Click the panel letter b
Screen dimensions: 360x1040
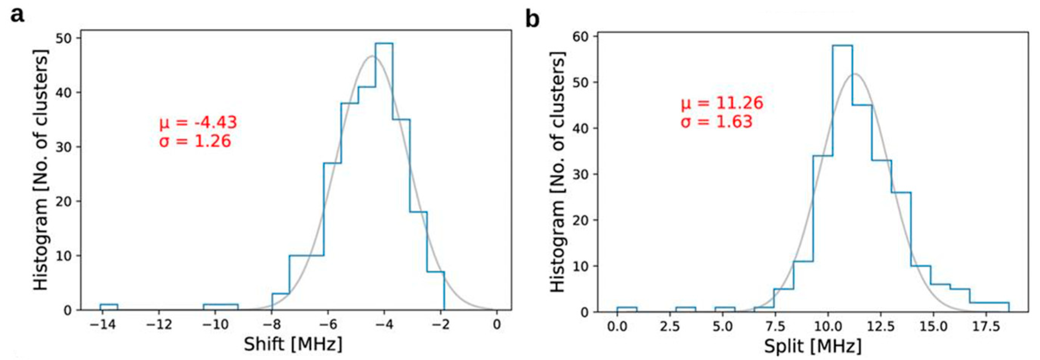tap(533, 19)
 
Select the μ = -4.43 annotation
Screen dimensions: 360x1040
tap(198, 122)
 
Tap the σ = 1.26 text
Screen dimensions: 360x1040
tap(195, 141)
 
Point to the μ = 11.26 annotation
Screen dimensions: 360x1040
tap(722, 103)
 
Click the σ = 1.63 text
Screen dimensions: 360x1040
tap(717, 121)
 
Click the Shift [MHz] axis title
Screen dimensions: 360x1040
tap(293, 344)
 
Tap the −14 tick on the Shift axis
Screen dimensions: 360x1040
tap(102, 324)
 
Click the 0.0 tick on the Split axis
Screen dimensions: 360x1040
tap(617, 326)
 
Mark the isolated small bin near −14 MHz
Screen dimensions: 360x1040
tap(109, 307)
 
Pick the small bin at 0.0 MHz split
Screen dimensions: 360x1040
tap(627, 309)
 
